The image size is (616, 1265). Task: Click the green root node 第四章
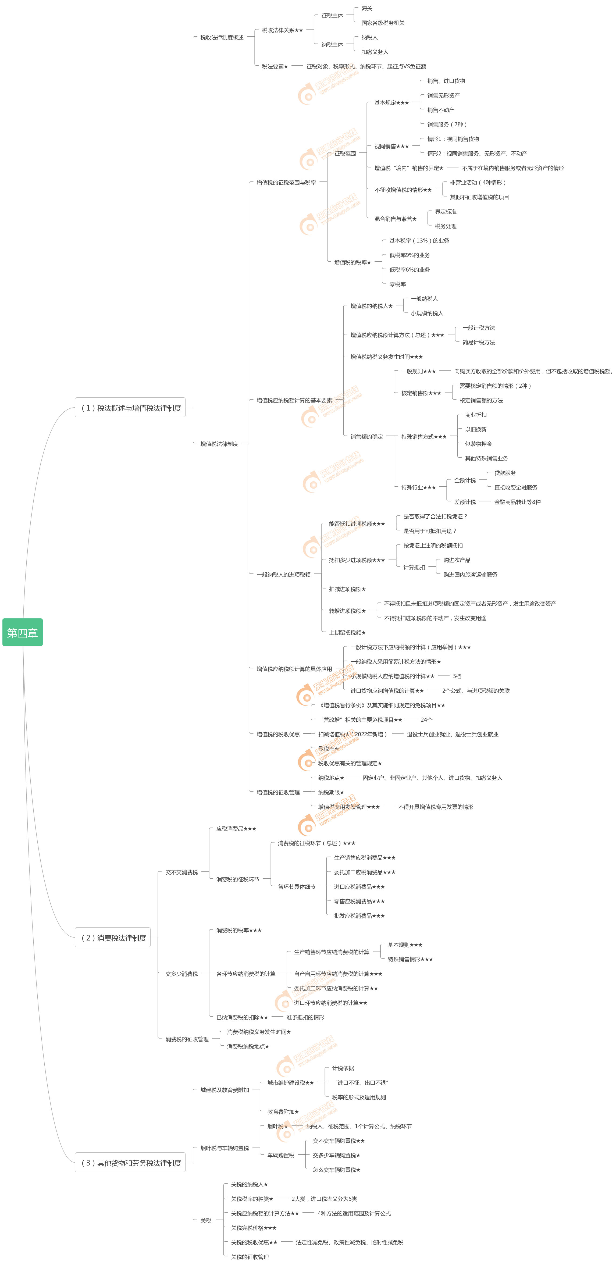23,632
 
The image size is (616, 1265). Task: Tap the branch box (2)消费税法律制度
113,938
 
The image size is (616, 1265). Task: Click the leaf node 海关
367,8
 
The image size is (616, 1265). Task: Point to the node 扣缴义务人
375,52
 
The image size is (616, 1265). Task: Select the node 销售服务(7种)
447,124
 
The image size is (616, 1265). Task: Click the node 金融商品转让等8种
517,502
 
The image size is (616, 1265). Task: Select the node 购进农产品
457,560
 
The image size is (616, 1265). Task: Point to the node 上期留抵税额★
347,632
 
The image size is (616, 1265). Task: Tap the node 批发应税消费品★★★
359,915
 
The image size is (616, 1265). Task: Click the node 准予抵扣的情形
305,1017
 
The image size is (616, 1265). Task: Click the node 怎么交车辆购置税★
336,1170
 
